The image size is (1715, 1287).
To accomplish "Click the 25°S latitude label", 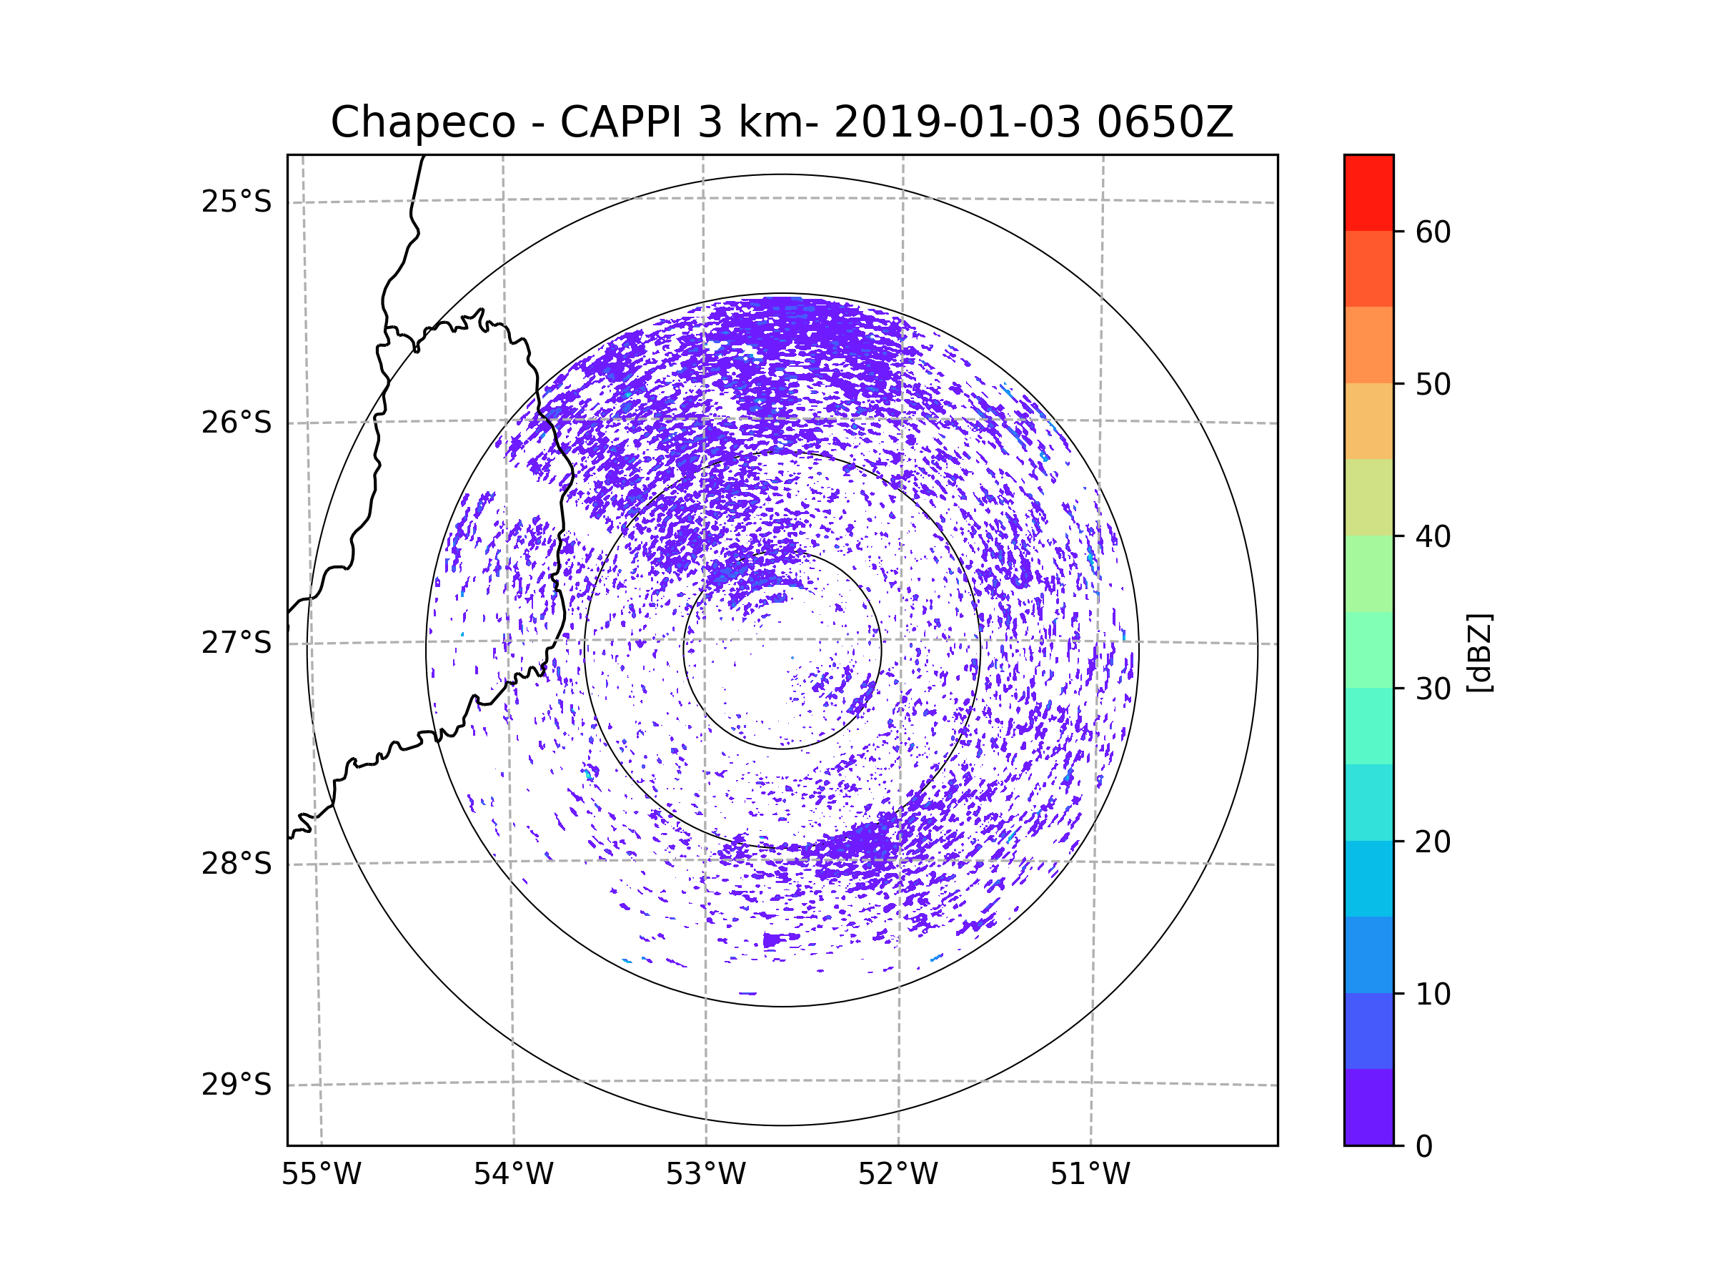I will [x=237, y=202].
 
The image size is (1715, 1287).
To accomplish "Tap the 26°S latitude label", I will [x=237, y=423].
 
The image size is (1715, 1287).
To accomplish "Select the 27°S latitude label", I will [x=237, y=643].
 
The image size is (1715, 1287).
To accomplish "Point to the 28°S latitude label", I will [x=237, y=864].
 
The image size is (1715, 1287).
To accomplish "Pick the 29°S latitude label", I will [x=237, y=1085].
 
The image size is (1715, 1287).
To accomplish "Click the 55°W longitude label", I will [x=321, y=1175].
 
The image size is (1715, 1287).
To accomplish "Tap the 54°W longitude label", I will [x=513, y=1175].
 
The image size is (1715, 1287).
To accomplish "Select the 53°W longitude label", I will [x=705, y=1175].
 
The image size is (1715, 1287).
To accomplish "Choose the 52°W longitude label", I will [x=898, y=1175].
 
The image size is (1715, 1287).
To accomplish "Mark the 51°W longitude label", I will [x=1090, y=1175].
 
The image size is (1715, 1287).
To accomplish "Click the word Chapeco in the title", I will [x=422, y=122].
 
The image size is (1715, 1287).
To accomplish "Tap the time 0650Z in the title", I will [x=1165, y=122].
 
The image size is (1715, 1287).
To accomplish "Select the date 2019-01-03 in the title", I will [x=957, y=122].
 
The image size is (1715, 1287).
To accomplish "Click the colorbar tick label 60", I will [x=1433, y=232].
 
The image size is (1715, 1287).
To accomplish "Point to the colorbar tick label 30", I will [x=1433, y=689].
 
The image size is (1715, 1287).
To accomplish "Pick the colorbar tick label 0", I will [x=1424, y=1147].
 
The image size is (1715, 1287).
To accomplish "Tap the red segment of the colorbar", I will [x=1368, y=192].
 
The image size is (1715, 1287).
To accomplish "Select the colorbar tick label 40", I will [x=1433, y=537].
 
